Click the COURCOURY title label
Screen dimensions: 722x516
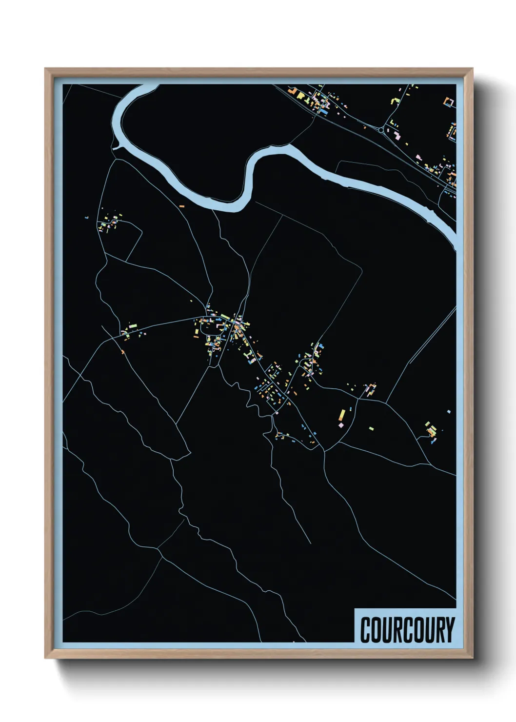click(407, 629)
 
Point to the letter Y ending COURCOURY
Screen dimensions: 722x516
click(449, 630)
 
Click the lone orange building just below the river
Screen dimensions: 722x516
click(181, 206)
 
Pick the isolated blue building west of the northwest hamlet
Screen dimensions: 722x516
click(86, 217)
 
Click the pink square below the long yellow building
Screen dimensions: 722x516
click(340, 425)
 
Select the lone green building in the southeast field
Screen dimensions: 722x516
click(372, 428)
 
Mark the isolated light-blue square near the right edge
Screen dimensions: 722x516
click(449, 411)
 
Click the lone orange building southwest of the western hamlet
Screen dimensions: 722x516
click(122, 351)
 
